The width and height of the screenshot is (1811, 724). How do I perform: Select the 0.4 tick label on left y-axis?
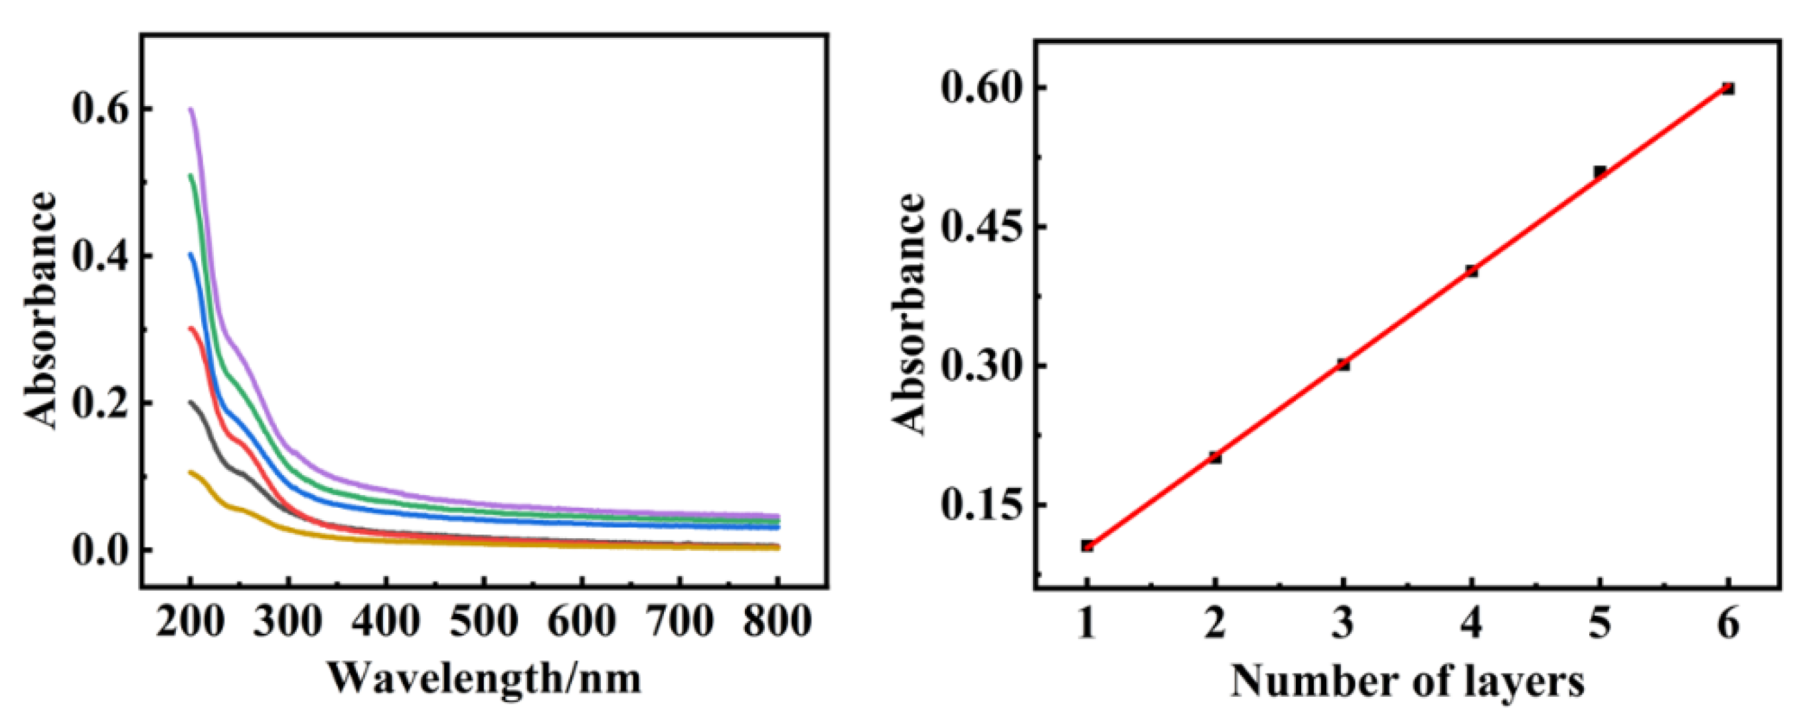point(101,258)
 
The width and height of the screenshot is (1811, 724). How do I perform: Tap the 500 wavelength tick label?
point(484,622)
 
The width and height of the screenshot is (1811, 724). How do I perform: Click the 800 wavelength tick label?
point(777,622)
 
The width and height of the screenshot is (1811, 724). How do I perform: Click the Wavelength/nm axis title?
point(485,679)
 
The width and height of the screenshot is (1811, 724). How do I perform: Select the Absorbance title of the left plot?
point(40,310)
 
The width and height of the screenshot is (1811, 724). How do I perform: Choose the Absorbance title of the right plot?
point(909,313)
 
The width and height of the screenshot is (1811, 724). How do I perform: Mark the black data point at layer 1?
point(1087,545)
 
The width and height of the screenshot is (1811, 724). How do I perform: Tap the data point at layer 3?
point(1344,364)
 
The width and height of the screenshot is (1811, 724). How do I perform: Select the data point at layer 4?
point(1471,271)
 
